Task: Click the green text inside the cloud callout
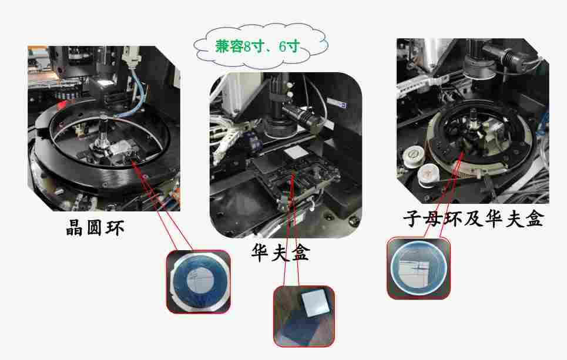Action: (258, 46)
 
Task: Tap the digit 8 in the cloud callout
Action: (247, 46)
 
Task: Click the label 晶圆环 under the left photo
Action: (95, 228)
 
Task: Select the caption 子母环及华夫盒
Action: (474, 218)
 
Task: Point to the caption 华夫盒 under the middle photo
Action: (281, 253)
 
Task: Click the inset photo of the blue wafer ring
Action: (198, 281)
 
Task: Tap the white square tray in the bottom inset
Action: (316, 303)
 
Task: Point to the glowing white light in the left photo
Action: (106, 83)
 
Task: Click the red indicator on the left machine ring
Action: (62, 105)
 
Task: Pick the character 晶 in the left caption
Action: (75, 228)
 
